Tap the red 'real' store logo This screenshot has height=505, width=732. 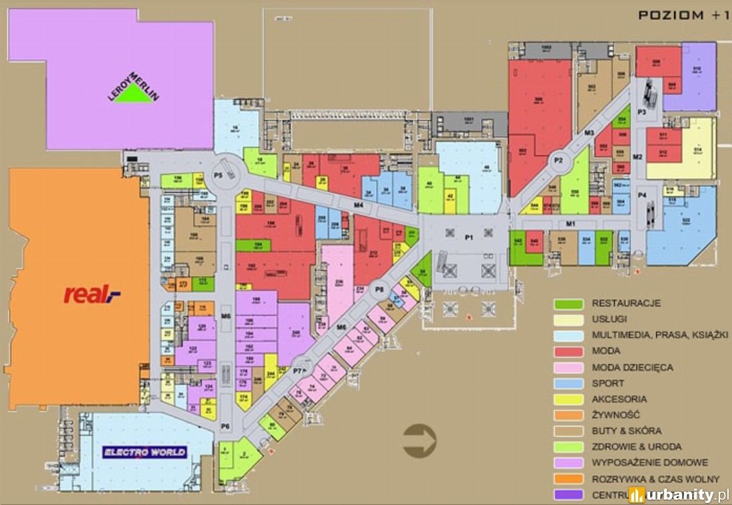(x=92, y=294)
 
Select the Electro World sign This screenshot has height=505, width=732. (x=144, y=453)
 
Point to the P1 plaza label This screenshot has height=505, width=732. (x=468, y=237)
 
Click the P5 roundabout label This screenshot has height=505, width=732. (x=217, y=174)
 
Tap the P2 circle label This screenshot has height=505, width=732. (x=558, y=160)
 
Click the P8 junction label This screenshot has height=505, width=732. (x=379, y=288)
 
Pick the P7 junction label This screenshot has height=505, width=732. (x=298, y=370)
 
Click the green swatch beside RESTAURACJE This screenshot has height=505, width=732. (x=568, y=304)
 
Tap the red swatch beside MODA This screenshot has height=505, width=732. (x=568, y=352)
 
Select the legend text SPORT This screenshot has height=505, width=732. (x=608, y=383)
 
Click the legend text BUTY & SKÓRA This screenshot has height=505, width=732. (x=626, y=431)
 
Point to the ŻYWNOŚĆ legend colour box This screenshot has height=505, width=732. (x=568, y=415)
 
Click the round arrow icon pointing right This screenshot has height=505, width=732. (x=420, y=441)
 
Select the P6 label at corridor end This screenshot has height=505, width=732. (x=225, y=426)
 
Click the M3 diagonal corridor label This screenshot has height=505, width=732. (x=588, y=134)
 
